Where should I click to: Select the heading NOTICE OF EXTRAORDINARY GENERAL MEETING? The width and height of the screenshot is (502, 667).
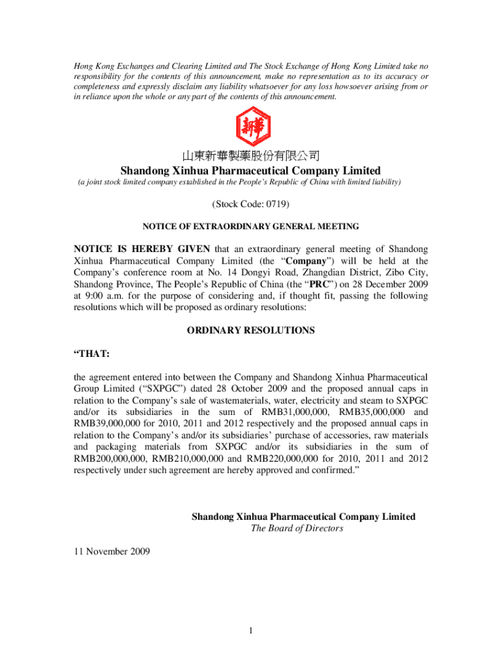click(250, 227)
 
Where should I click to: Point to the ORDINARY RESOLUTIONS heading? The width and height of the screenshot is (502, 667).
click(250, 330)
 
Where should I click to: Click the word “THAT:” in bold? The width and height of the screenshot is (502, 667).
click(91, 354)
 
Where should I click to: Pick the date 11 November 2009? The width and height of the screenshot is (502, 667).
click(111, 552)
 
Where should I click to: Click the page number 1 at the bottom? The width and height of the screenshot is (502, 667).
click(250, 631)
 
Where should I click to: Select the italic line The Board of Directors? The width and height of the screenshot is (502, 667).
click(297, 528)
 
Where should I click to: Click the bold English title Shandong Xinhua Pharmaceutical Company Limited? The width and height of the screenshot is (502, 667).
click(250, 171)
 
